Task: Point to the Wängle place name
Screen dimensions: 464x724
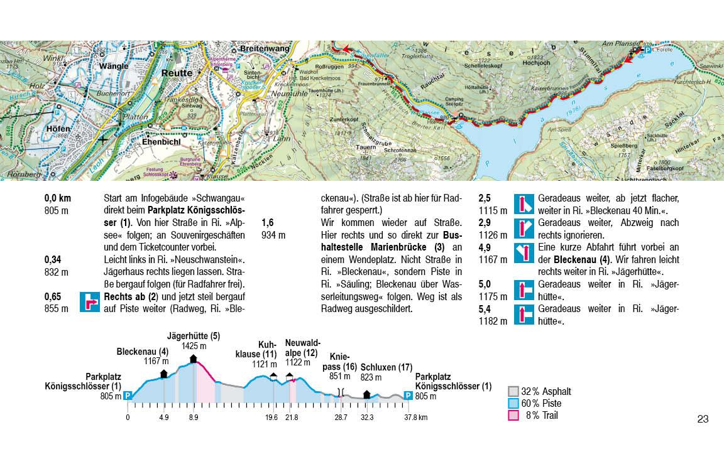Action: coord(113,65)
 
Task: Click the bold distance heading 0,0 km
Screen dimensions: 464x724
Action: coord(58,198)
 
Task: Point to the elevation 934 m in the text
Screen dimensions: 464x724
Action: coord(273,235)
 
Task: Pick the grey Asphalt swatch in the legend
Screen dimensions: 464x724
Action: coord(513,392)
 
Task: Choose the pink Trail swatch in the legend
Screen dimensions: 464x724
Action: coord(513,416)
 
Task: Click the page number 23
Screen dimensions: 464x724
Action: coord(703,419)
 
